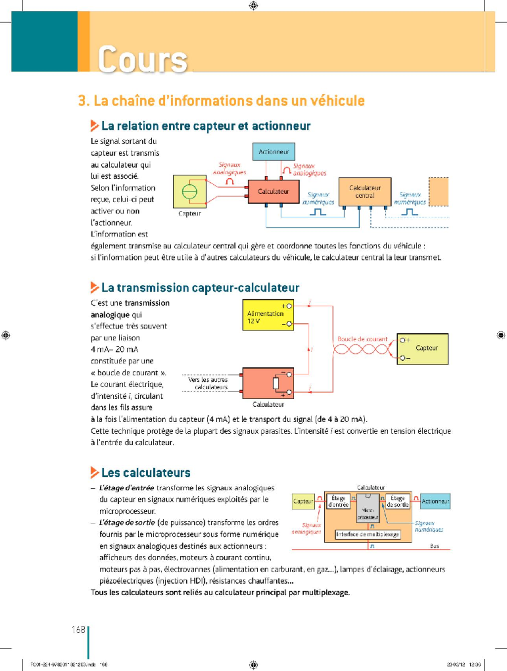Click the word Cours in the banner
(143, 59)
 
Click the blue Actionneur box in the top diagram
(274, 152)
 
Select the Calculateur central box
(365, 192)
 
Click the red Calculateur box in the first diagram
(273, 191)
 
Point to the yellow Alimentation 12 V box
(268, 315)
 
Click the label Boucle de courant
(362, 339)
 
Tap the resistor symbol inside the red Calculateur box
(276, 383)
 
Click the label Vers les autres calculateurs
(208, 383)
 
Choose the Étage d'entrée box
(338, 501)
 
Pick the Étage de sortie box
(398, 501)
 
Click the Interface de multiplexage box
(368, 535)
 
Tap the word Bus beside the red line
(434, 546)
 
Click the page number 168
(78, 630)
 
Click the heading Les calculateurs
(146, 473)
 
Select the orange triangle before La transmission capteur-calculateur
(95, 288)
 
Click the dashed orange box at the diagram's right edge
(439, 192)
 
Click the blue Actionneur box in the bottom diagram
(435, 501)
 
